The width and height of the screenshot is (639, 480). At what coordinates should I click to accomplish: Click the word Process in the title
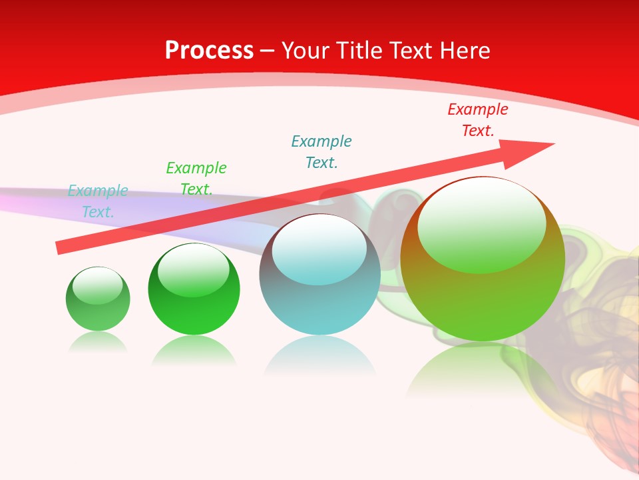pyautogui.click(x=209, y=51)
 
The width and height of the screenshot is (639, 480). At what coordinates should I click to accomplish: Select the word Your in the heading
pyautogui.click(x=304, y=51)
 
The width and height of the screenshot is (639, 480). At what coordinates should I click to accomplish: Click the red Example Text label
pyautogui.click(x=477, y=120)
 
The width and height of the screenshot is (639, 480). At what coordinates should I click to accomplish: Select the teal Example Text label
pyautogui.click(x=321, y=151)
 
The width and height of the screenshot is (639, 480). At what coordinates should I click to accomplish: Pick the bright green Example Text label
pyautogui.click(x=196, y=178)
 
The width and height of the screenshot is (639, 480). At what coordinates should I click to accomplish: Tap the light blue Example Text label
pyautogui.click(x=98, y=201)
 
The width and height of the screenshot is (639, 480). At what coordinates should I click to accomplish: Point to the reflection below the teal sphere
pyautogui.click(x=319, y=357)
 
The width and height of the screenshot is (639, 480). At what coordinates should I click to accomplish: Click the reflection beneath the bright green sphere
pyautogui.click(x=194, y=350)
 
